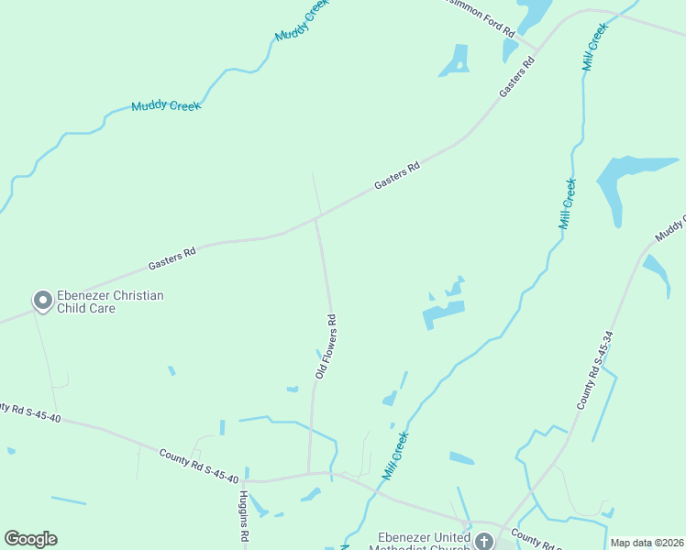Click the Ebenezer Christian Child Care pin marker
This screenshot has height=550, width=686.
(x=42, y=301)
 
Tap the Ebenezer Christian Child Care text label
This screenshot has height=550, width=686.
(x=110, y=302)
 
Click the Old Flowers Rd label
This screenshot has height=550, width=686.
(x=326, y=347)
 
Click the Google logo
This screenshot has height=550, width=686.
(x=30, y=539)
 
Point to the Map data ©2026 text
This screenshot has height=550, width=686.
(x=647, y=543)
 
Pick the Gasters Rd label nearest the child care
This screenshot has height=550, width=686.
(x=172, y=258)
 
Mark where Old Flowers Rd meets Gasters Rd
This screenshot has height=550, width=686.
(x=316, y=218)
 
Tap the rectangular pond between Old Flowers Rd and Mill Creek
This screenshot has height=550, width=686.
(x=444, y=313)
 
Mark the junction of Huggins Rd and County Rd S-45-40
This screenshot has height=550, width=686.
(x=244, y=480)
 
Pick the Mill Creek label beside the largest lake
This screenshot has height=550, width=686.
(x=568, y=203)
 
